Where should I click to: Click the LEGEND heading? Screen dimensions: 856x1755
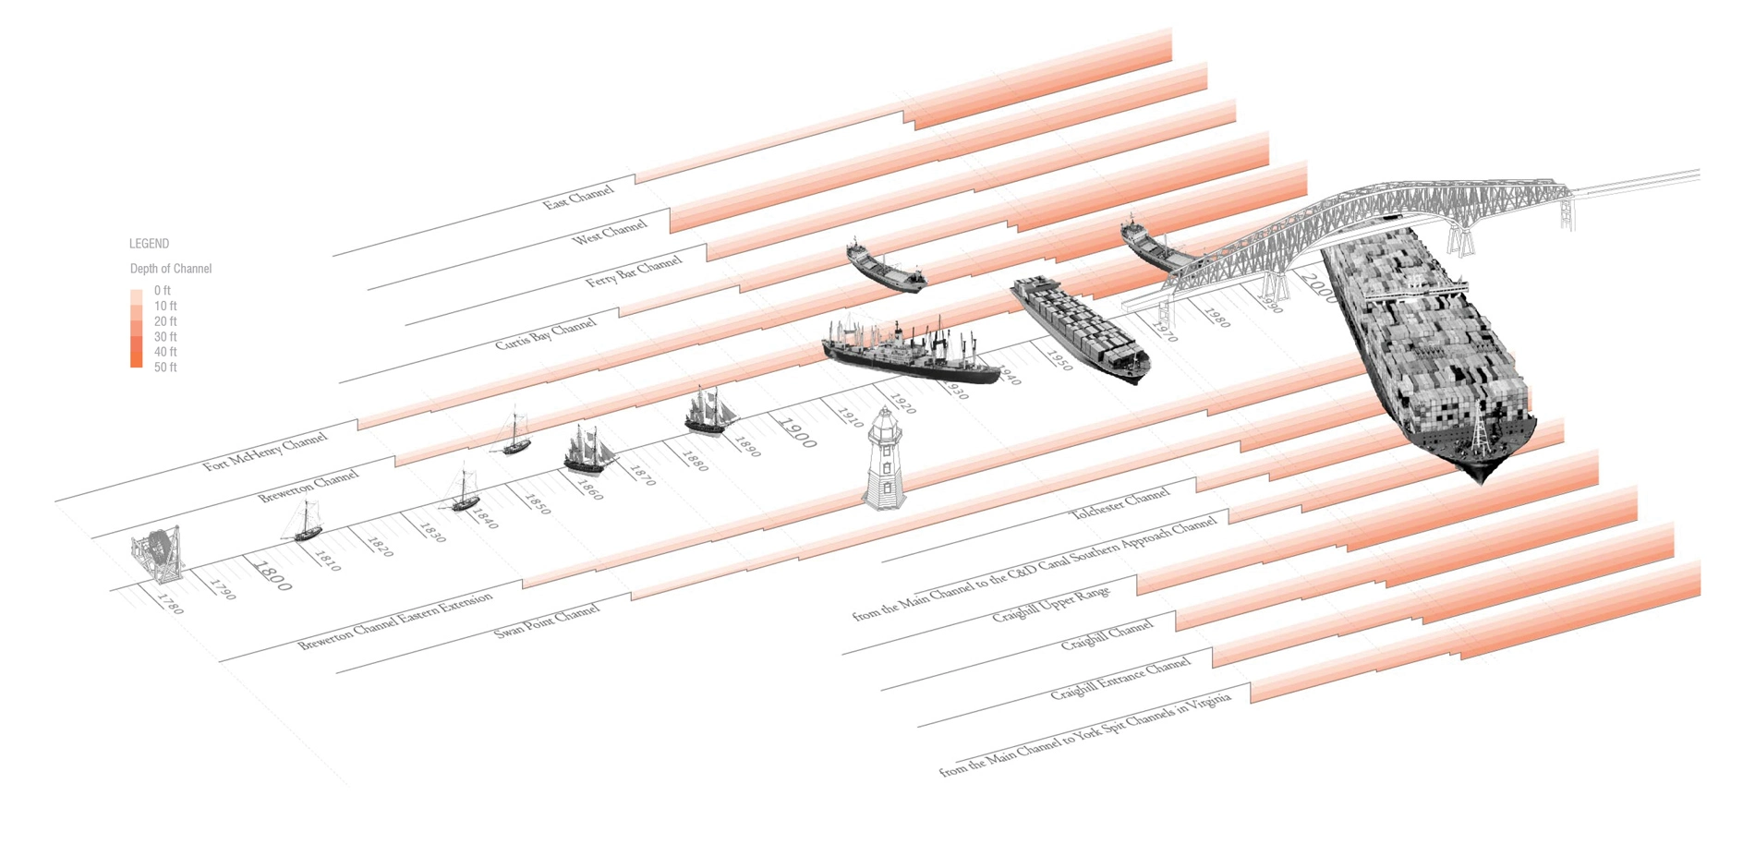(x=149, y=244)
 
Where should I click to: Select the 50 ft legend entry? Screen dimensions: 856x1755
(x=165, y=368)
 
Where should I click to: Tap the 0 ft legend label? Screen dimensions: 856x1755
(x=163, y=291)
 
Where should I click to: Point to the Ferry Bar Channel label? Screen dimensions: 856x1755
(x=634, y=271)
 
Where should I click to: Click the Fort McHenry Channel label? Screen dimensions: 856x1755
(x=265, y=452)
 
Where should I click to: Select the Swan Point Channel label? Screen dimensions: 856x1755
(x=547, y=621)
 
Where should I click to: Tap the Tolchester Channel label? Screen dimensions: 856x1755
(x=1120, y=504)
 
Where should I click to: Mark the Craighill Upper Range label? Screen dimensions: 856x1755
(x=1050, y=604)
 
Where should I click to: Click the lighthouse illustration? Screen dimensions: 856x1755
(x=884, y=459)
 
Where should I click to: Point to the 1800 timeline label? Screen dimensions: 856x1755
(x=272, y=575)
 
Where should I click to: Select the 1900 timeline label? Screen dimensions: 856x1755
(x=797, y=433)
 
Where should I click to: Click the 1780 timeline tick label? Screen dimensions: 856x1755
(x=171, y=604)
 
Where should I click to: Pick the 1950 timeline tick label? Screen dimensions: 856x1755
(x=1059, y=361)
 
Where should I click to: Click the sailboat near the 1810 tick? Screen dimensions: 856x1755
(x=305, y=522)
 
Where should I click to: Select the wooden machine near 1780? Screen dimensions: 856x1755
(x=158, y=553)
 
